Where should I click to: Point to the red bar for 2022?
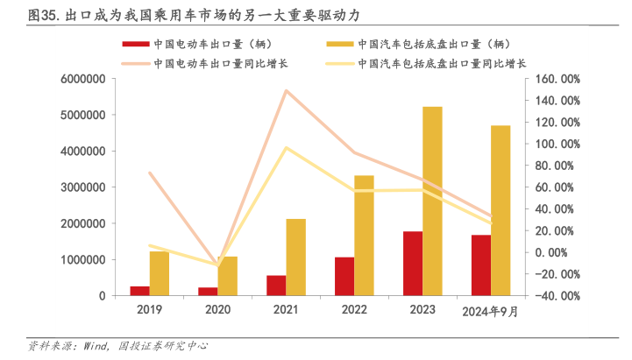click(x=344, y=277)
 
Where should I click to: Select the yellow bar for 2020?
click(x=228, y=276)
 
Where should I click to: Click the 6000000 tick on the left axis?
click(x=82, y=79)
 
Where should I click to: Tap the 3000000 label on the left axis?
click(x=82, y=187)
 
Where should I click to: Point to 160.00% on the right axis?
click(x=557, y=79)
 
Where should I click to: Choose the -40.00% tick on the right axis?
click(x=557, y=296)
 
